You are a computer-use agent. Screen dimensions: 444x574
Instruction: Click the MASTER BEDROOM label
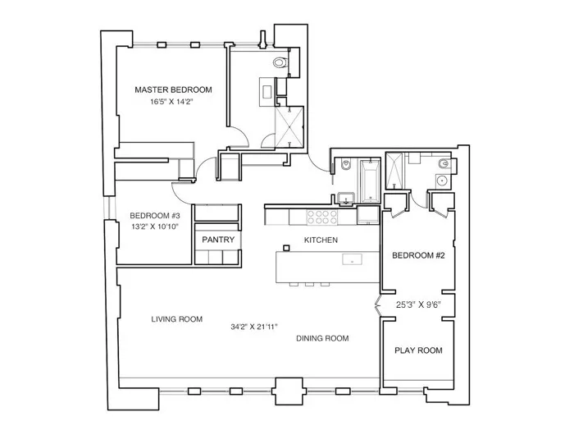pos(173,89)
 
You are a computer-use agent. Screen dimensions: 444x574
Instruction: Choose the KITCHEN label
pos(321,240)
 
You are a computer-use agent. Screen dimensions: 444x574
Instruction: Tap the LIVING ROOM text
pos(176,319)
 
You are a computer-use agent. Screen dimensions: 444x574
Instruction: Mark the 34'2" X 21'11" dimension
pos(253,327)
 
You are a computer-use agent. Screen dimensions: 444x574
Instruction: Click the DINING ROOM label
pos(322,338)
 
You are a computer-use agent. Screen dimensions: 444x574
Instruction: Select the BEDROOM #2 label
pos(417,255)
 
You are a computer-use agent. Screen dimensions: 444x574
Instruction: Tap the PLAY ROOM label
pos(418,350)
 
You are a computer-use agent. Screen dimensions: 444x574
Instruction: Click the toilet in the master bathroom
pos(280,62)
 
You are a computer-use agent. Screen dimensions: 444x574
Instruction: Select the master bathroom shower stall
pos(289,126)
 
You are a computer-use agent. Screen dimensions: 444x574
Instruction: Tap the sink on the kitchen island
pos(352,260)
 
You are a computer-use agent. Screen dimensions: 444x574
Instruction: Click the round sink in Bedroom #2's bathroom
pos(441,179)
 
